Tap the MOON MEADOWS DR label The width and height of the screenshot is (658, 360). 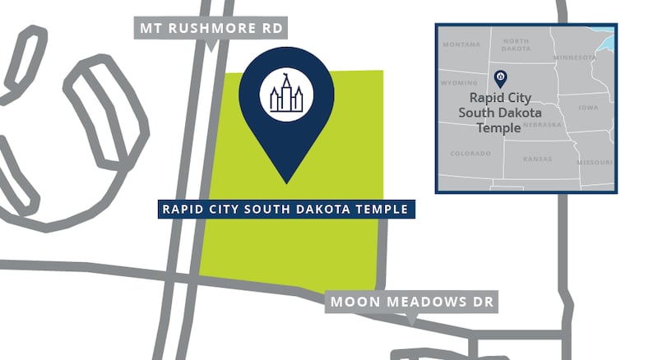[411, 302]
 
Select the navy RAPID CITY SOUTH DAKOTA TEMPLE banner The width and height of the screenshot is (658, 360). [285, 209]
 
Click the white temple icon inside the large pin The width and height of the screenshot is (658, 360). [281, 95]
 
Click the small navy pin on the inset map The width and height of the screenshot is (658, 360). [499, 79]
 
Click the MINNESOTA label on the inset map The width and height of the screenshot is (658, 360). [575, 58]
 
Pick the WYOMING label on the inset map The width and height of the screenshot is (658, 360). [460, 83]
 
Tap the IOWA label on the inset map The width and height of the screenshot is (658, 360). [588, 108]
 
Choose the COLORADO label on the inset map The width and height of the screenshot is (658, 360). [470, 154]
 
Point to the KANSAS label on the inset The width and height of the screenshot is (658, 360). [537, 158]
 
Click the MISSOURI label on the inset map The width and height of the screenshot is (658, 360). [595, 163]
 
